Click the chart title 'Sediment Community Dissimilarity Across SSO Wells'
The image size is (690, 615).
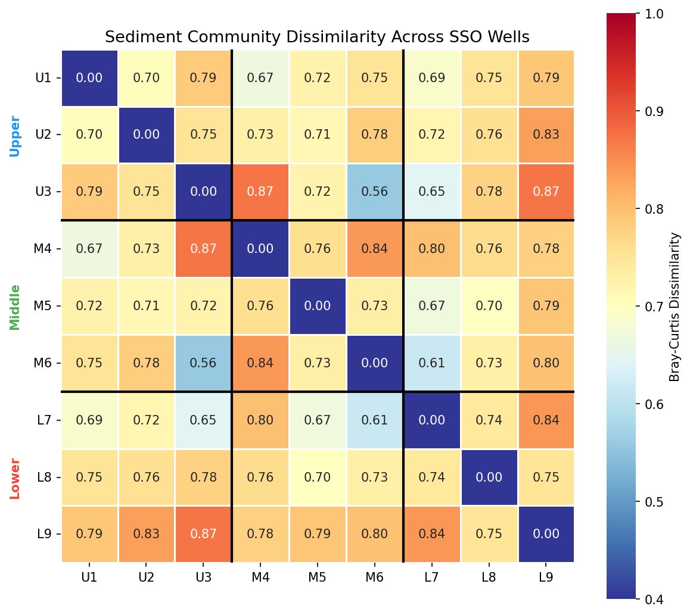(x=317, y=37)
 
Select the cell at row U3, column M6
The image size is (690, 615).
(x=375, y=192)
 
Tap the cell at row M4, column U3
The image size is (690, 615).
(x=203, y=249)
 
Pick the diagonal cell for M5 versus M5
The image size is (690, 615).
(x=318, y=306)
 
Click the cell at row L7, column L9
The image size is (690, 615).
(x=546, y=420)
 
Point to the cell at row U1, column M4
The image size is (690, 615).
(x=260, y=77)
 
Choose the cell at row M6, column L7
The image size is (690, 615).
(x=432, y=363)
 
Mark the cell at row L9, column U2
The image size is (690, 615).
(x=146, y=534)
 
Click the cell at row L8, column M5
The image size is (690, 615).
(x=318, y=477)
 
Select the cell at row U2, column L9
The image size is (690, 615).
(x=546, y=135)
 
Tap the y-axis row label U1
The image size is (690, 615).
(x=43, y=77)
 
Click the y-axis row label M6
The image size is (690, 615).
(x=43, y=363)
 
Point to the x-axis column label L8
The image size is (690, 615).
(x=489, y=577)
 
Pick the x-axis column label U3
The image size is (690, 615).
(x=203, y=577)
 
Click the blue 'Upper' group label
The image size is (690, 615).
(x=15, y=136)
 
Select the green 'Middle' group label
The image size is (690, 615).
(x=15, y=307)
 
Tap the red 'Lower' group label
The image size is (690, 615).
(x=15, y=478)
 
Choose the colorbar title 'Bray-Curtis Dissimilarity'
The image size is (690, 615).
(x=675, y=307)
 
